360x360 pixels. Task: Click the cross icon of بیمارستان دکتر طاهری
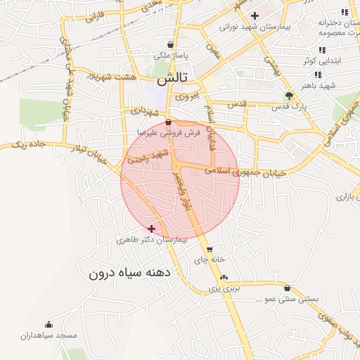click(x=151, y=229)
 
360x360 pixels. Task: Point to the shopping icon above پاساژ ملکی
click(x=171, y=44)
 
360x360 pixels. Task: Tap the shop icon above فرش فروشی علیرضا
click(x=167, y=122)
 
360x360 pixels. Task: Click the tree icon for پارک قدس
click(x=289, y=96)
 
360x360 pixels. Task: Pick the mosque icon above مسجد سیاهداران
click(x=49, y=325)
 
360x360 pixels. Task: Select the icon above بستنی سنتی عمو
click(x=287, y=288)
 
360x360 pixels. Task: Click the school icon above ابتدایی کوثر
click(x=322, y=50)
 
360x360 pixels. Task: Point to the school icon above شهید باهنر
click(x=318, y=75)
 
